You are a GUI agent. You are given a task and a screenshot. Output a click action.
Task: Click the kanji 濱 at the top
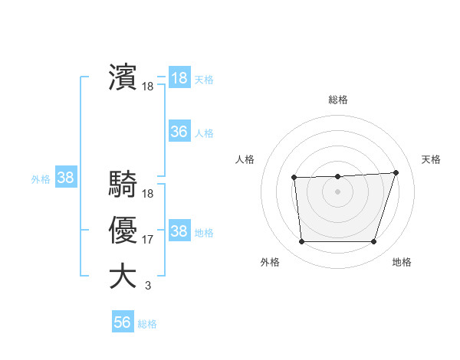(x=123, y=78)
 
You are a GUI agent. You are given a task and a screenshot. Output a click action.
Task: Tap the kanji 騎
(x=123, y=185)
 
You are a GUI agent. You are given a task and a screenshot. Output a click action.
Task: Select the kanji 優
(x=123, y=231)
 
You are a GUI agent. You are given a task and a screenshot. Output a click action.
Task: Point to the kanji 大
(x=123, y=276)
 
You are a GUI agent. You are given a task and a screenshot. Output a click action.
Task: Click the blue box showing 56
(x=123, y=322)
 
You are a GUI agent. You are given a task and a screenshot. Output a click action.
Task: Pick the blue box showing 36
(x=179, y=132)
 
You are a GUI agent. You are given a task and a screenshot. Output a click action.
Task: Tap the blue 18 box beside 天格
(x=179, y=78)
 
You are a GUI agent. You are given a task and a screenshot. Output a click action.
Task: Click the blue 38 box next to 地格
(x=179, y=231)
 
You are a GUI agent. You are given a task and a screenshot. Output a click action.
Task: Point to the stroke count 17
(x=148, y=241)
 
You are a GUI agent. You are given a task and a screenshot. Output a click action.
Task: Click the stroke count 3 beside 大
(x=148, y=286)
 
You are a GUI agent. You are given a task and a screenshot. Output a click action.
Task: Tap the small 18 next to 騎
(x=148, y=195)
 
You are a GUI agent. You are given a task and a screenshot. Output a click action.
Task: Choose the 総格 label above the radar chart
(x=338, y=100)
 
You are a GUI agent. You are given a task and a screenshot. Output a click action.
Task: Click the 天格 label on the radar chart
(x=431, y=159)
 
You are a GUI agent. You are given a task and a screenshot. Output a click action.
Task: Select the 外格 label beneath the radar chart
(x=270, y=262)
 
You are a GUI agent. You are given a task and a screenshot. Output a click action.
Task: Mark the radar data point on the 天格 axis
(x=396, y=172)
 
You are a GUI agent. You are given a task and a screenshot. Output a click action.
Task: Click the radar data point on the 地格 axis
(x=373, y=242)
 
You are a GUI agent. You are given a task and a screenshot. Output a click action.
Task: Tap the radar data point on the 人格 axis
(x=294, y=178)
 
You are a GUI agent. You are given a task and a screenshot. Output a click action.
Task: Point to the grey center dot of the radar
(x=337, y=191)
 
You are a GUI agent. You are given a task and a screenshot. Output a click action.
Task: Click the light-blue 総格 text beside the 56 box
(x=147, y=324)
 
